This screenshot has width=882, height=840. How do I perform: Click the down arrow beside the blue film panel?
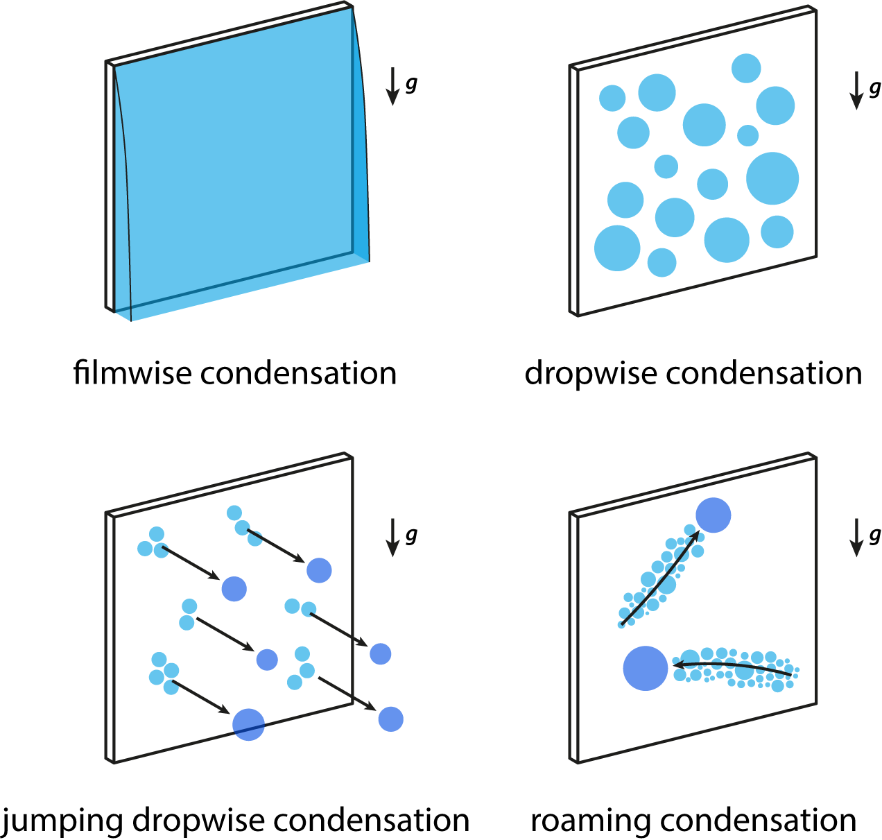pyautogui.click(x=392, y=86)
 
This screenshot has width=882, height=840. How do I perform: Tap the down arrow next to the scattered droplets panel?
pyautogui.click(x=856, y=90)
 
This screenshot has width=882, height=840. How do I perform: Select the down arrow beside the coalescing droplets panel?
pyautogui.click(x=392, y=537)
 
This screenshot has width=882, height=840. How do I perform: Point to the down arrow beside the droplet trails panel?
pyautogui.click(x=856, y=537)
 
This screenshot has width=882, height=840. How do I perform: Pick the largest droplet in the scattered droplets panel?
pyautogui.click(x=772, y=178)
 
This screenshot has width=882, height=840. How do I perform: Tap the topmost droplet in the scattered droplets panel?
pyautogui.click(x=746, y=68)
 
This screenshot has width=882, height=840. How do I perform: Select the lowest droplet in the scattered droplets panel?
pyautogui.click(x=661, y=262)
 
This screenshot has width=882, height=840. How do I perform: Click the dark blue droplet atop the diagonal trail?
pyautogui.click(x=713, y=515)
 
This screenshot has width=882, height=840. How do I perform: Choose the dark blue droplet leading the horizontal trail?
pyautogui.click(x=645, y=668)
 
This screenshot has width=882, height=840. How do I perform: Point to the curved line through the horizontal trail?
pyautogui.click(x=735, y=666)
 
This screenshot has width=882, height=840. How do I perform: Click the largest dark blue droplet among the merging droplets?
pyautogui.click(x=248, y=724)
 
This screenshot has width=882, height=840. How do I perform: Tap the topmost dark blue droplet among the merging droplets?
pyautogui.click(x=319, y=570)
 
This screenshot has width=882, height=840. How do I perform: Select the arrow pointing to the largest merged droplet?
pyautogui.click(x=201, y=698)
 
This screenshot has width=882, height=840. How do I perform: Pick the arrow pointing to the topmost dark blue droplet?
pyautogui.click(x=276, y=547)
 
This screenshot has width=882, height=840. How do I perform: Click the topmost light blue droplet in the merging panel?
pyautogui.click(x=234, y=513)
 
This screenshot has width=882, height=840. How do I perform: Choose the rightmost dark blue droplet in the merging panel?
pyautogui.click(x=390, y=719)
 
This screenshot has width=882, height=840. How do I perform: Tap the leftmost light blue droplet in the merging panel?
pyautogui.click(x=145, y=549)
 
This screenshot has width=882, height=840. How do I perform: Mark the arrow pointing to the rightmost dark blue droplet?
pyautogui.click(x=347, y=693)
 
